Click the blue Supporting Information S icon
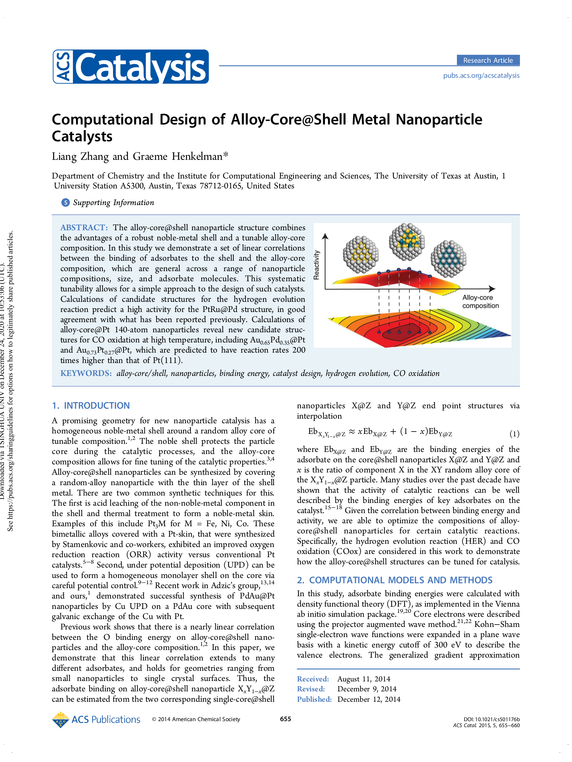(x=65, y=203)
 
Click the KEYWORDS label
(x=86, y=373)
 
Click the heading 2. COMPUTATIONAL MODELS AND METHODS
(x=395, y=580)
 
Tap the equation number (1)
(x=514, y=434)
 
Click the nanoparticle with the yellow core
(x=361, y=254)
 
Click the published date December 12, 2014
(x=369, y=699)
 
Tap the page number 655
(x=285, y=719)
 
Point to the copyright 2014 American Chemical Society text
(x=196, y=719)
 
